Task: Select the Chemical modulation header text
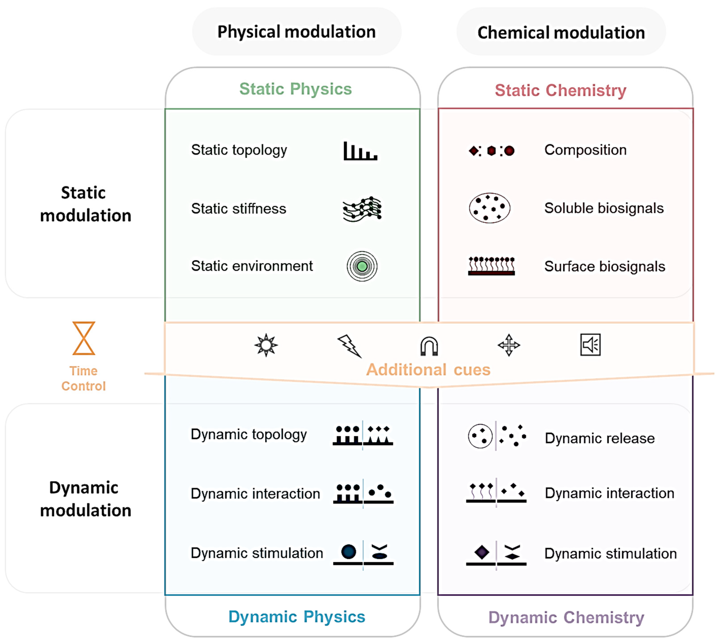tap(561, 32)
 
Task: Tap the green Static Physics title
tap(295, 89)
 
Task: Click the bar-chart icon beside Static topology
tap(360, 151)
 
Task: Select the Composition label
tap(585, 150)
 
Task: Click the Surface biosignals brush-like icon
tap(491, 266)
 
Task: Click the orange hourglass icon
tap(84, 338)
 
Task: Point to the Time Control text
tap(83, 378)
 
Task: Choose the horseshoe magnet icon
tap(429, 346)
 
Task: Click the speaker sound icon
tap(590, 345)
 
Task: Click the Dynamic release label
tap(599, 438)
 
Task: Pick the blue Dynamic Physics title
tap(297, 616)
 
